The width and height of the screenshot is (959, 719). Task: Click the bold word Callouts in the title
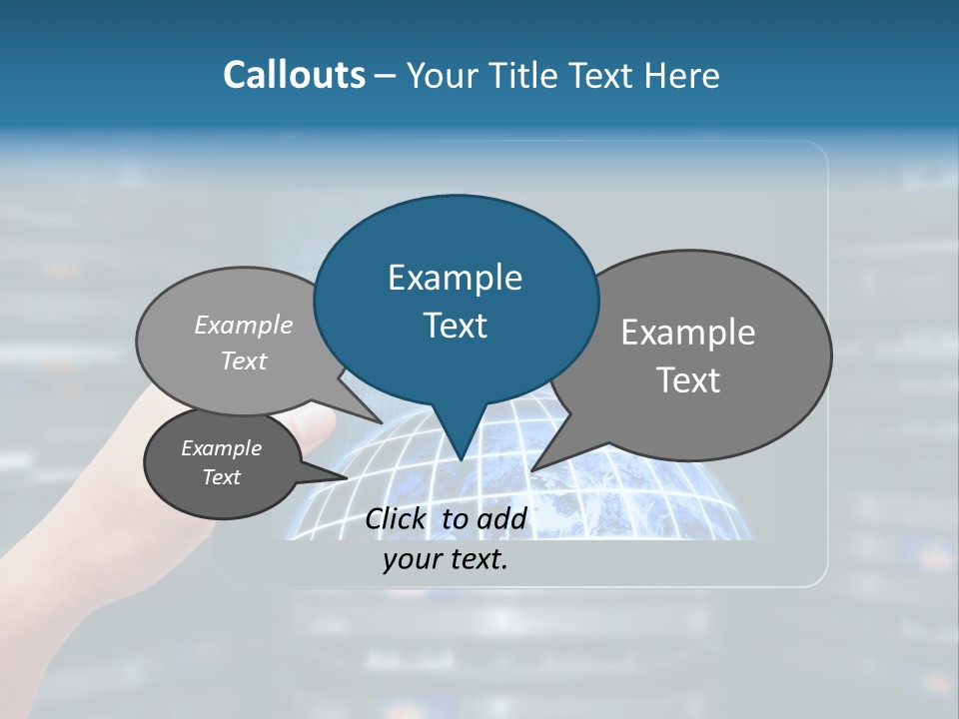coord(294,75)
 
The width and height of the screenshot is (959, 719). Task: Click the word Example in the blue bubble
coord(455,278)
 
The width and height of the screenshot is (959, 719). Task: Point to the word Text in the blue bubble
coord(455,326)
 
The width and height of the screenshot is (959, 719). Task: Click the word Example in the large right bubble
coord(688,333)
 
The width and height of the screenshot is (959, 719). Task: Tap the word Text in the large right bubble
coord(688,380)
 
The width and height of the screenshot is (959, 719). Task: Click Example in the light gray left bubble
coord(244,325)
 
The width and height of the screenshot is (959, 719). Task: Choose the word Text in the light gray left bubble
coord(244,360)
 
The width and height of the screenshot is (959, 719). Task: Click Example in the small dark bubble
coord(222,448)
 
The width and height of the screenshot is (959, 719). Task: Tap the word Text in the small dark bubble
coord(222,477)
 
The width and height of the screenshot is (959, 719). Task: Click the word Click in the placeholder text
coord(397,518)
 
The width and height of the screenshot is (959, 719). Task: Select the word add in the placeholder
coord(501,518)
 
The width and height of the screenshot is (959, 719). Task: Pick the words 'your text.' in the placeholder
coord(446,559)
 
